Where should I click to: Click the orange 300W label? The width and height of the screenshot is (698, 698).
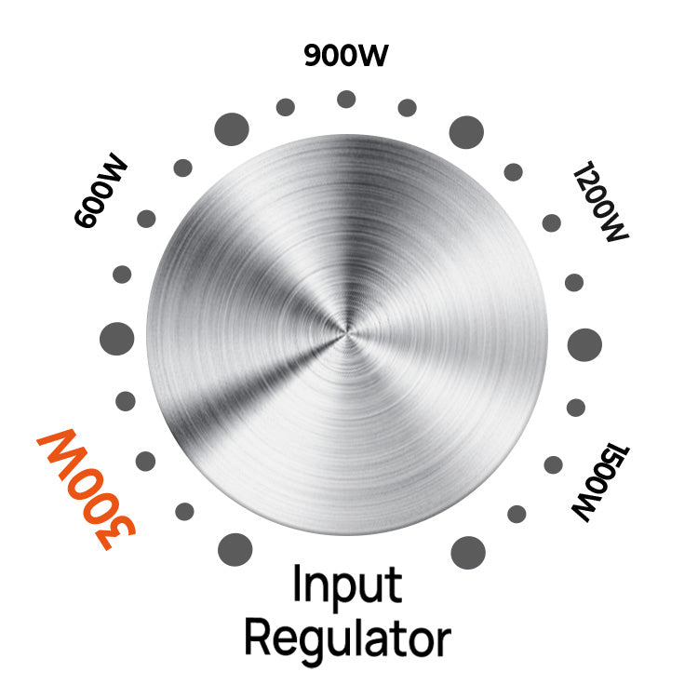pyautogui.click(x=87, y=489)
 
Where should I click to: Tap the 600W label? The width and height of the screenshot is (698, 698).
pyautogui.click(x=101, y=191)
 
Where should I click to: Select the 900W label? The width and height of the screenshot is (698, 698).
pyautogui.click(x=346, y=56)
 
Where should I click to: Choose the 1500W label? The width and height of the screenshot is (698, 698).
pyautogui.click(x=600, y=482)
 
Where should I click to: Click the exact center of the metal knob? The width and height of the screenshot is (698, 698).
pyautogui.click(x=347, y=334)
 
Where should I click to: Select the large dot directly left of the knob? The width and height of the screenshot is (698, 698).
pyautogui.click(x=116, y=339)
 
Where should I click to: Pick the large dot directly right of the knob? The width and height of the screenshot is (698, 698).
pyautogui.click(x=584, y=345)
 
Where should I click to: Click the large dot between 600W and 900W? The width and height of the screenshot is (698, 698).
pyautogui.click(x=232, y=129)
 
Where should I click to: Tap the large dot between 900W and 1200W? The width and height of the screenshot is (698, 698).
pyautogui.click(x=466, y=132)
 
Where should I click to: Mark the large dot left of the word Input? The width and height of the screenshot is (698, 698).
pyautogui.click(x=235, y=550)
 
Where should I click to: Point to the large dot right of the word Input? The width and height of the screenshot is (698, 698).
pyautogui.click(x=468, y=553)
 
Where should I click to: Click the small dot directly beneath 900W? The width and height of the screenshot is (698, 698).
pyautogui.click(x=346, y=99)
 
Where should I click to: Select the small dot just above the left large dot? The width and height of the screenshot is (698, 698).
pyautogui.click(x=122, y=275)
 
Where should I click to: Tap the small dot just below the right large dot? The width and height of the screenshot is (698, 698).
pyautogui.click(x=575, y=408)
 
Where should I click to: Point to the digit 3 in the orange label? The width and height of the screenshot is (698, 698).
pyautogui.click(x=114, y=533)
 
